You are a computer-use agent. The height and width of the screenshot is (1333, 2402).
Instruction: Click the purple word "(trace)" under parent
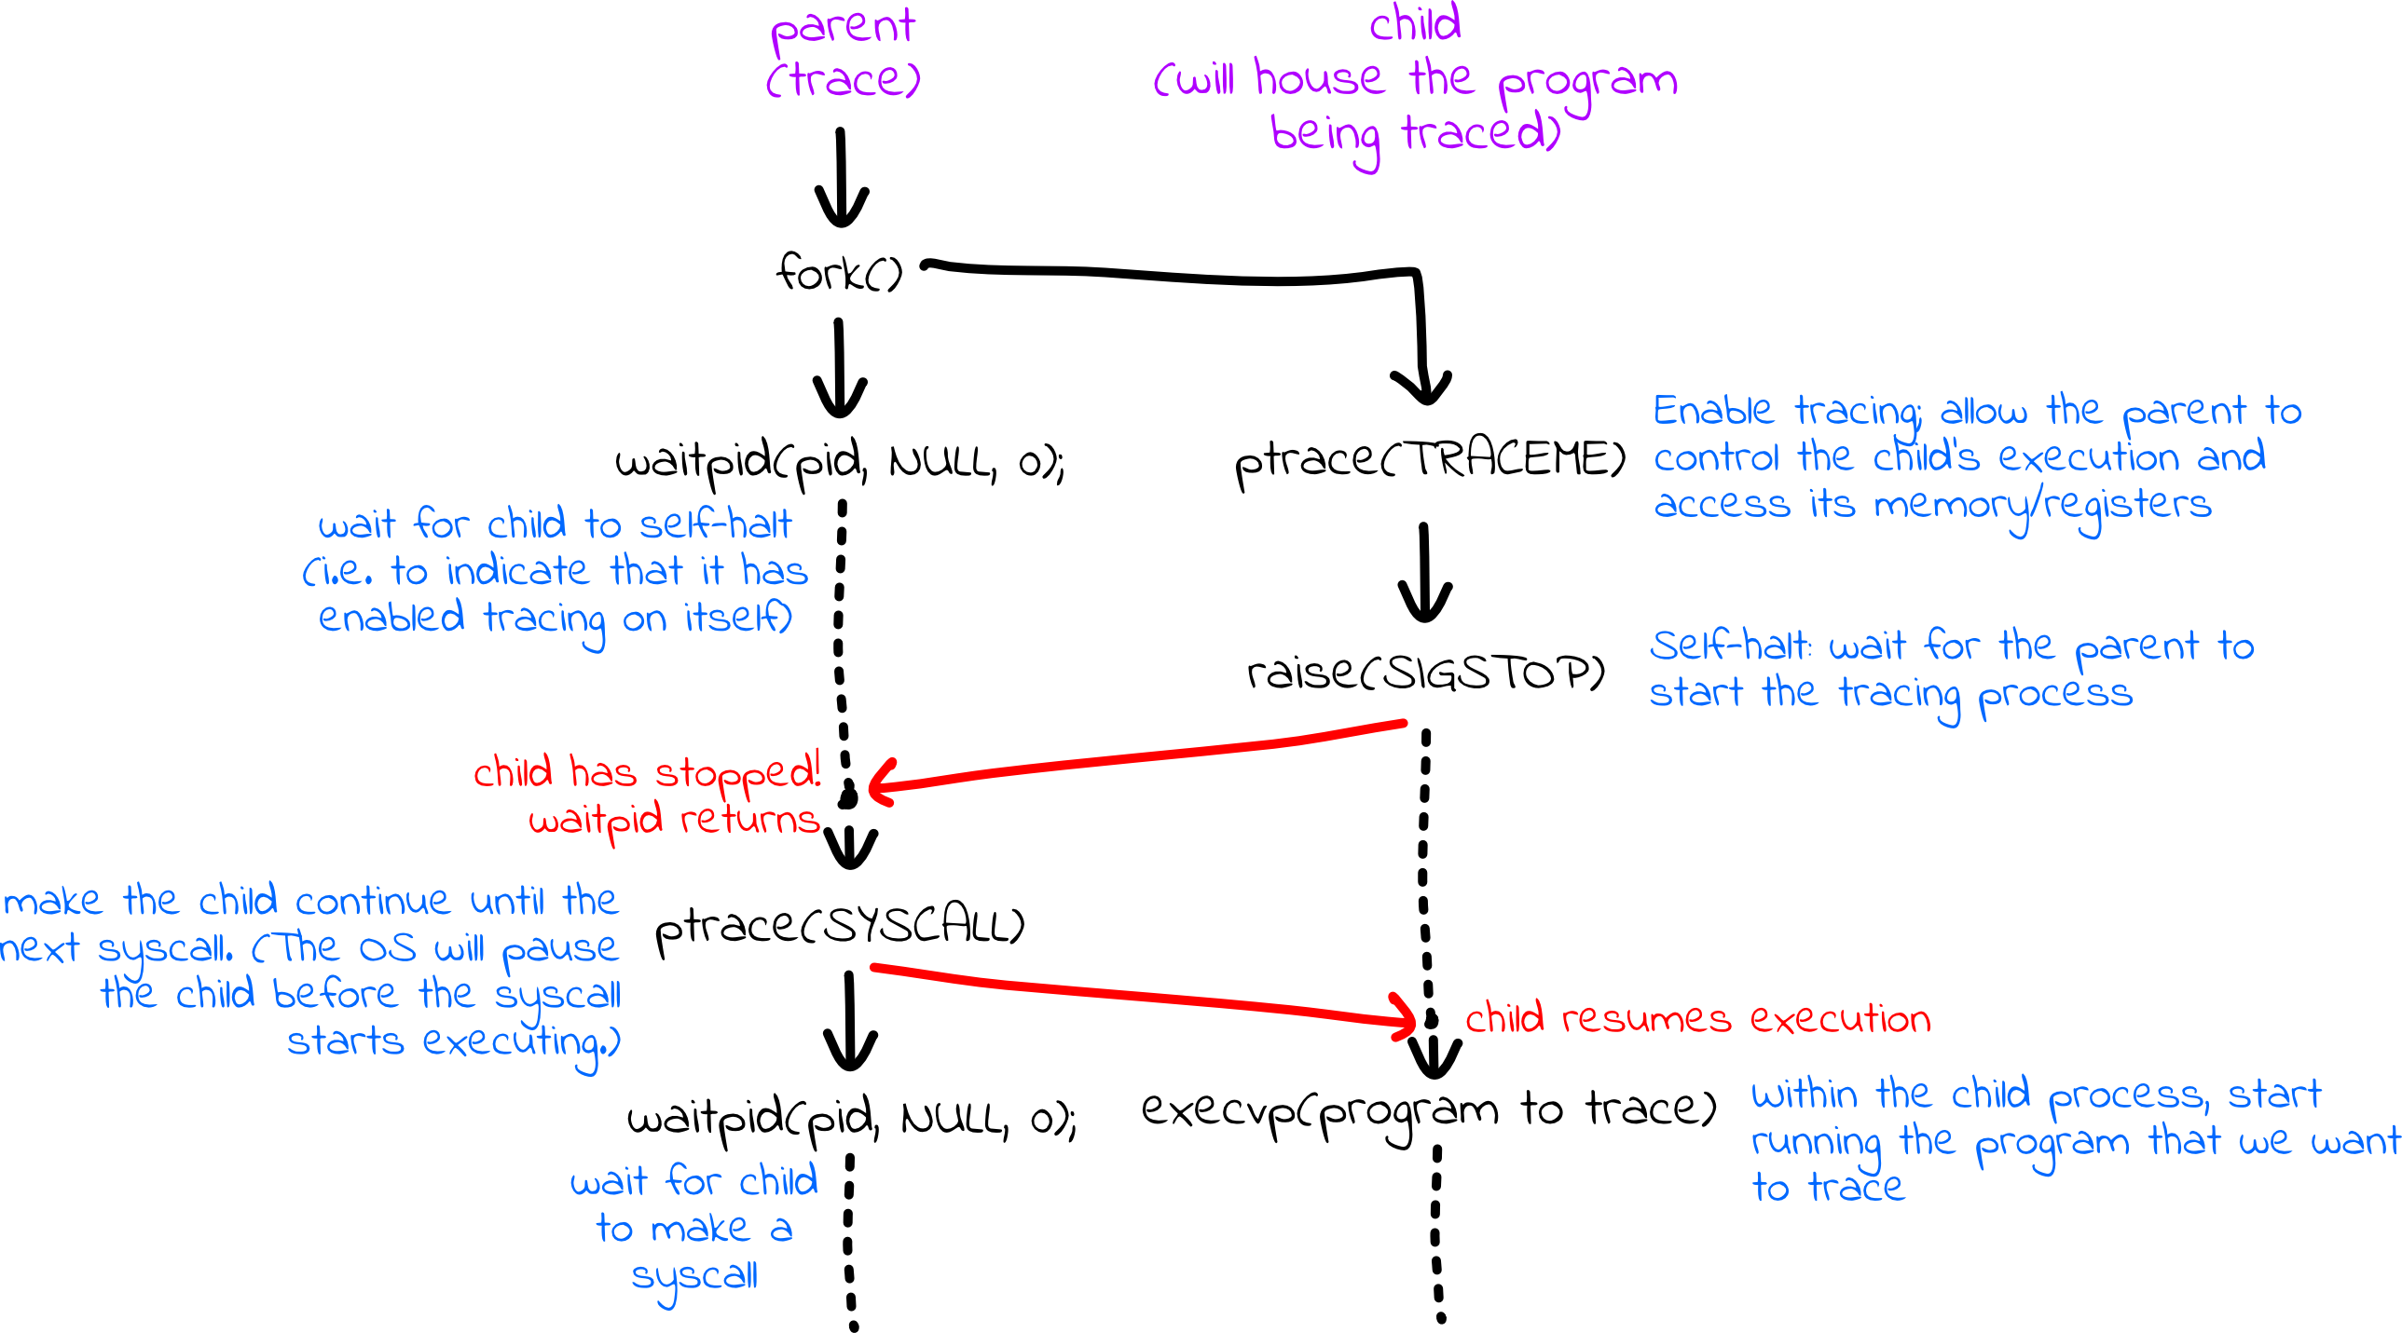843,80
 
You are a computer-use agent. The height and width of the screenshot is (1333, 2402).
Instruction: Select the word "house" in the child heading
1319,78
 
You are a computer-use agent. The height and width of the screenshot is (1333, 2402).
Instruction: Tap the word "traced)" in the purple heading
1481,132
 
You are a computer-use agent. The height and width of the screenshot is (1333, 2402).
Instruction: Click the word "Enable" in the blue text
1712,411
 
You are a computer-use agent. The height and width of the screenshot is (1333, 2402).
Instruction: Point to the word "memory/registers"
2042,506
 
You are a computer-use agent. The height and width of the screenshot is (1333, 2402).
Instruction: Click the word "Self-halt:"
1730,646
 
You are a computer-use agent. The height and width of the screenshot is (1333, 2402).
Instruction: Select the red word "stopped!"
737,774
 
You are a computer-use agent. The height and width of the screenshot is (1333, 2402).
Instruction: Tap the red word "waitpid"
596,822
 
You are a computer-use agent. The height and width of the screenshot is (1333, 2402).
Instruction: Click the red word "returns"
749,822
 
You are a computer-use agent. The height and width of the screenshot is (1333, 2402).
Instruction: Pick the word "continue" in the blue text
373,902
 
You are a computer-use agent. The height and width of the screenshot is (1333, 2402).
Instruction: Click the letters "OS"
388,949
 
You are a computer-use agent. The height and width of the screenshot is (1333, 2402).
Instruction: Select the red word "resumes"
1646,1019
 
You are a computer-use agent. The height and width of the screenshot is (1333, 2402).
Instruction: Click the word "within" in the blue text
1804,1095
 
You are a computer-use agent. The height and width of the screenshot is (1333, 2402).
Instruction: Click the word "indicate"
517,571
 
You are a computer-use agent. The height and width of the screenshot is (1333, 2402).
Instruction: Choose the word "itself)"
737,618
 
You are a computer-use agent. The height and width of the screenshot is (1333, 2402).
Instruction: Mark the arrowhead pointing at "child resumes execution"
1407,1018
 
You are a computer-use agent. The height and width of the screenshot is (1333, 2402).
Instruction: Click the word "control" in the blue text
1716,457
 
